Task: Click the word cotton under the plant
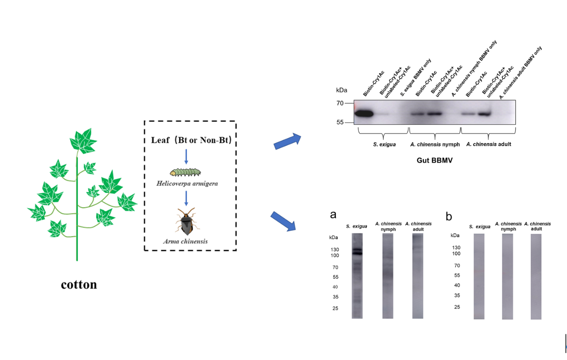coord(79,285)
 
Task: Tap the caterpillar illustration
coord(185,172)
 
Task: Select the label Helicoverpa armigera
coord(187,183)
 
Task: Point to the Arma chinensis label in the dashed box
coord(186,241)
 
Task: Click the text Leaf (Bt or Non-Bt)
coord(191,140)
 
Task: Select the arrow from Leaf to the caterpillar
coord(186,157)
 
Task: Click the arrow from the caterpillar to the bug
coord(186,198)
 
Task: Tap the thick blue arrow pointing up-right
coord(287,141)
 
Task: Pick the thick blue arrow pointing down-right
coord(283,221)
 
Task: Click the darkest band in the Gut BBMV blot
coord(364,113)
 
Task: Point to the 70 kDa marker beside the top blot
coord(340,103)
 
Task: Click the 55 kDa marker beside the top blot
coord(340,123)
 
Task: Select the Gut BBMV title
coord(435,160)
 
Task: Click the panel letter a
coord(333,214)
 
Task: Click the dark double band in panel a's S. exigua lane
coord(357,252)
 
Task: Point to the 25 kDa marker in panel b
coord(457,307)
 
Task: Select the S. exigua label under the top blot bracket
coord(384,144)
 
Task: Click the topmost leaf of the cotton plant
coord(83,141)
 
